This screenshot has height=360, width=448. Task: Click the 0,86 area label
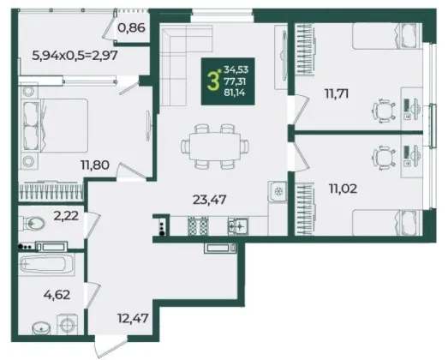click(131, 28)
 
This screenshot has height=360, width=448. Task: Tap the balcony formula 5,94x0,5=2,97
click(75, 55)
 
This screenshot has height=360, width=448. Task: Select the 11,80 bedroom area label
click(95, 165)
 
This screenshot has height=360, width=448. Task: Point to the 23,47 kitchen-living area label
click(209, 200)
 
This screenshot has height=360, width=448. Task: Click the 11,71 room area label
click(337, 93)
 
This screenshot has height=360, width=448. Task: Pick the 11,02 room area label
click(343, 189)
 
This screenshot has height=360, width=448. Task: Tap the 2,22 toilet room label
click(66, 216)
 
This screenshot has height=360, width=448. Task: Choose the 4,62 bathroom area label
click(57, 295)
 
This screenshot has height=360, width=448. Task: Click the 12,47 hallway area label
click(133, 318)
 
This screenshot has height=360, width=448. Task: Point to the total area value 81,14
click(235, 93)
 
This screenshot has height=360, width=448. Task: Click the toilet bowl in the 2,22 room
click(32, 223)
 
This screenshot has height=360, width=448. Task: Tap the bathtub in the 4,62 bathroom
click(46, 265)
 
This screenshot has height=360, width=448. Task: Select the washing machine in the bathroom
click(67, 325)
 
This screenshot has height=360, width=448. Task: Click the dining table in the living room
click(215, 146)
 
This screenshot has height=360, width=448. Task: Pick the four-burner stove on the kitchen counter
click(197, 225)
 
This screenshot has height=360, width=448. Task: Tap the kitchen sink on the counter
click(238, 226)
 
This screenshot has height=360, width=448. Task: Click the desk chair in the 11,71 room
click(384, 111)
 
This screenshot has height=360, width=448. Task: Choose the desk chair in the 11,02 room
click(384, 158)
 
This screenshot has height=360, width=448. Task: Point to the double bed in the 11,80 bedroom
click(53, 125)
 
